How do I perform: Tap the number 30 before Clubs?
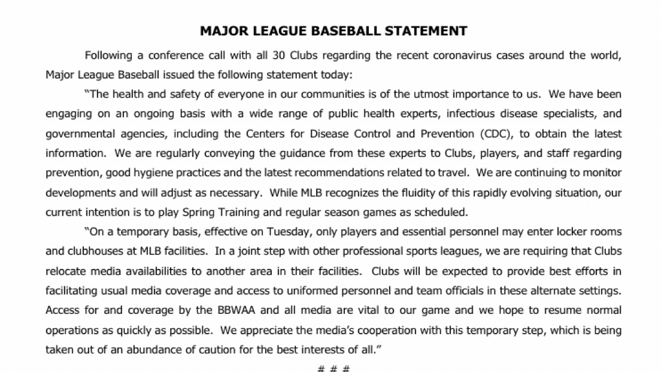[266, 56]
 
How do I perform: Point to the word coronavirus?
[469, 56]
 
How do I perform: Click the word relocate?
[65, 270]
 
